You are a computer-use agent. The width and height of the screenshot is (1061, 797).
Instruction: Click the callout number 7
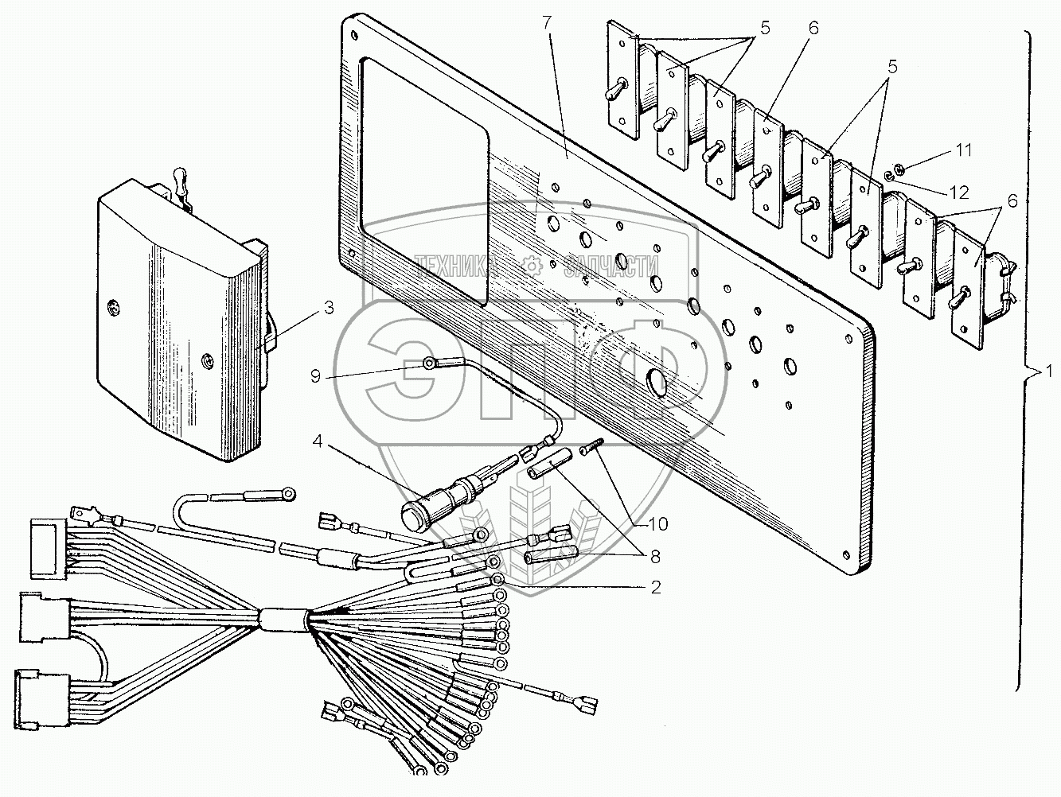click(x=547, y=24)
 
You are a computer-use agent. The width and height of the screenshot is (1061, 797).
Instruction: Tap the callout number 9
click(x=315, y=375)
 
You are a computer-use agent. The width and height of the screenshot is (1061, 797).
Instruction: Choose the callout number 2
click(x=655, y=588)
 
